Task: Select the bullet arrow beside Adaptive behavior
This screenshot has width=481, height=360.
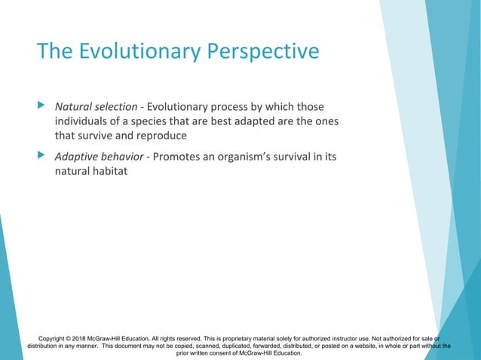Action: pyautogui.click(x=41, y=156)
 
